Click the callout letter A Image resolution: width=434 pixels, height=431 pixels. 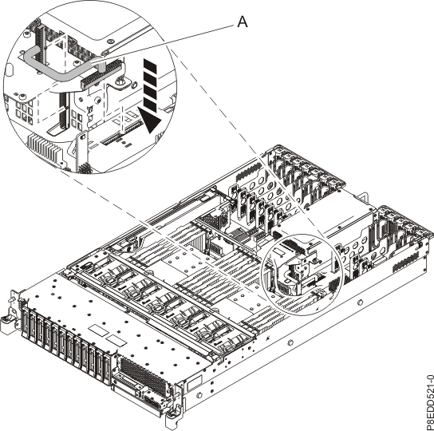coord(243,24)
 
